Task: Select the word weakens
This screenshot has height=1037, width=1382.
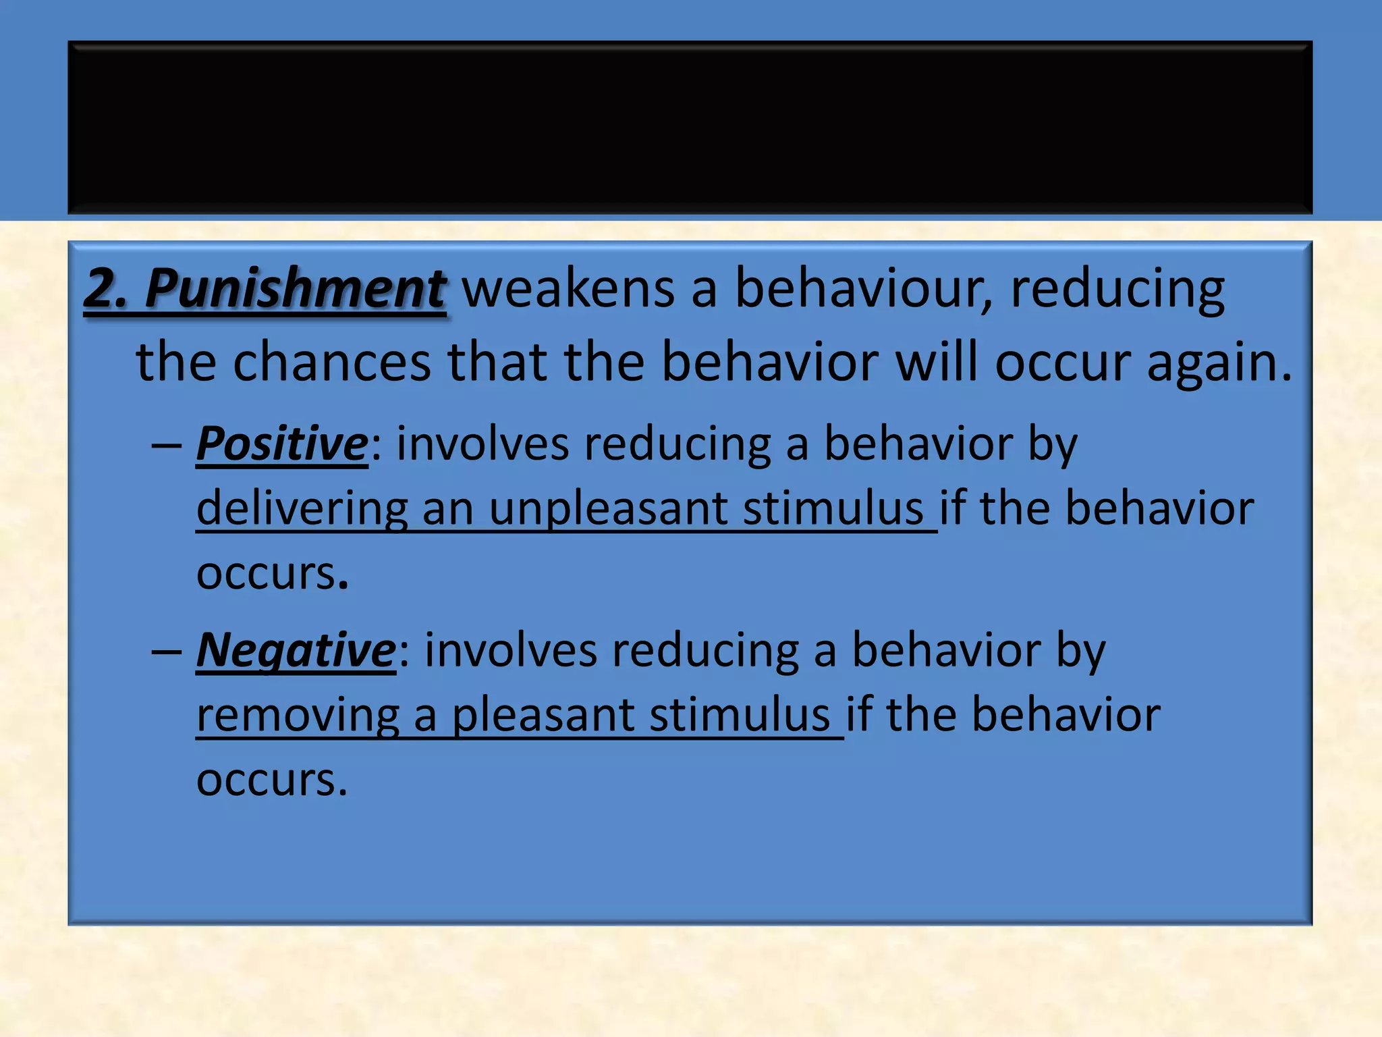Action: [x=569, y=288]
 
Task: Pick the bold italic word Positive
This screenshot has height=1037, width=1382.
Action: [x=282, y=444]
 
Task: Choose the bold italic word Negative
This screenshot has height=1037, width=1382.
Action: [x=296, y=651]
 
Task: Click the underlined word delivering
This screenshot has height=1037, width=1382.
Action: [x=302, y=509]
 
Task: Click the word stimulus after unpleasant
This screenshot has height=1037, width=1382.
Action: [x=833, y=509]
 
